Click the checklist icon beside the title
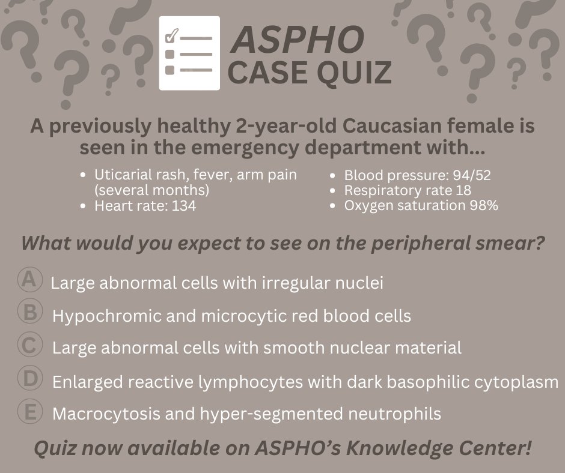coord(189,53)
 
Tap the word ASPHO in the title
coord(298,39)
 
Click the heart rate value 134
coord(183,206)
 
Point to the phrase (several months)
coord(151,191)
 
